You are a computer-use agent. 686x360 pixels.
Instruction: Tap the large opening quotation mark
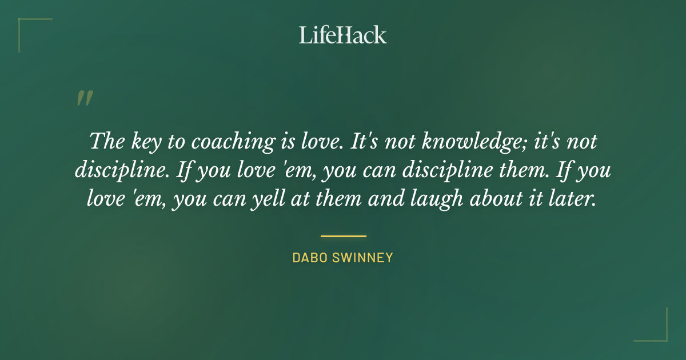click(84, 98)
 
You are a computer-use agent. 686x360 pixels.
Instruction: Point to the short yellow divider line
click(343, 235)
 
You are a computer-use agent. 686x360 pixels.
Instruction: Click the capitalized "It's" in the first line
click(364, 142)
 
